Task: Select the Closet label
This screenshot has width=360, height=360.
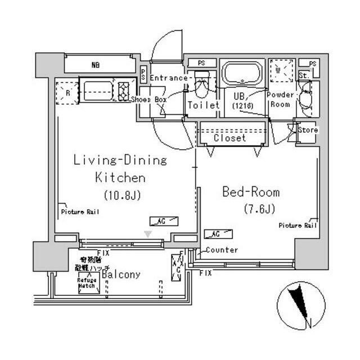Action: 229,138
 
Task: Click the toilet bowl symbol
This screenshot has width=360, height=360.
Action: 201,87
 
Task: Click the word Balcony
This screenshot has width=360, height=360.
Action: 121,274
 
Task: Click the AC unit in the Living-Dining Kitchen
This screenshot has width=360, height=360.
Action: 164,221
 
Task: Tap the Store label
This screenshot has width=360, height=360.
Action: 307,130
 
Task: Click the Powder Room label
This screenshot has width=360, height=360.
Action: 280,100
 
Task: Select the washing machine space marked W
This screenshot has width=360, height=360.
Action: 280,71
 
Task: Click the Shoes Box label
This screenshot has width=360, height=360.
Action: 149,100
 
